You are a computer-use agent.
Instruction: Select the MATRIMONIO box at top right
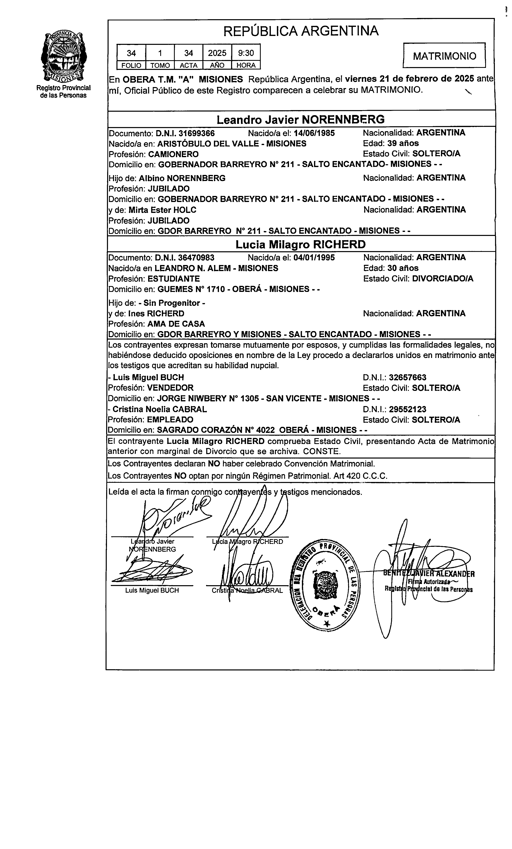[x=444, y=56]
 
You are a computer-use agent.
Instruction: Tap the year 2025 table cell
[x=217, y=53]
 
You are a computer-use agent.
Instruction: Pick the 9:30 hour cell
[x=246, y=53]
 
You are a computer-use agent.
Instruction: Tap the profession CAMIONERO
[x=173, y=154]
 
